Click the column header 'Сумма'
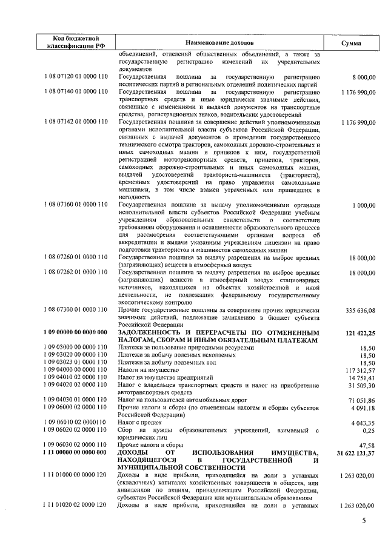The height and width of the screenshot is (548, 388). [351, 44]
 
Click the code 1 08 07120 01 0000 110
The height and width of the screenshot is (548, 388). [76, 78]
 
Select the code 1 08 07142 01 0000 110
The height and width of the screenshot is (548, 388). [76, 122]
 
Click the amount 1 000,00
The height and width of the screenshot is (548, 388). [363, 206]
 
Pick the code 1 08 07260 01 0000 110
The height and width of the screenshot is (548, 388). [76, 257]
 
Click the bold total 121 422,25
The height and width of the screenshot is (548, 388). [357, 333]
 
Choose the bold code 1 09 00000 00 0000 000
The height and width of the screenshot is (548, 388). [75, 333]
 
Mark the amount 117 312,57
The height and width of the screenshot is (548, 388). [358, 369]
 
